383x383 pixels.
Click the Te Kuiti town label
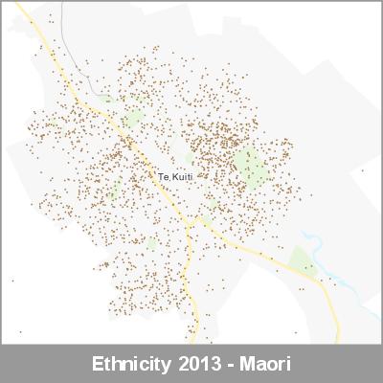coord(175,178)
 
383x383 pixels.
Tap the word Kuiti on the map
coord(182,178)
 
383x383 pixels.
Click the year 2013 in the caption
coord(200,365)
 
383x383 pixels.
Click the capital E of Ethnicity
coord(98,365)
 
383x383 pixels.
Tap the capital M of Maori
coord(245,365)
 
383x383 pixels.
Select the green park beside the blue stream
coord(303,260)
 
